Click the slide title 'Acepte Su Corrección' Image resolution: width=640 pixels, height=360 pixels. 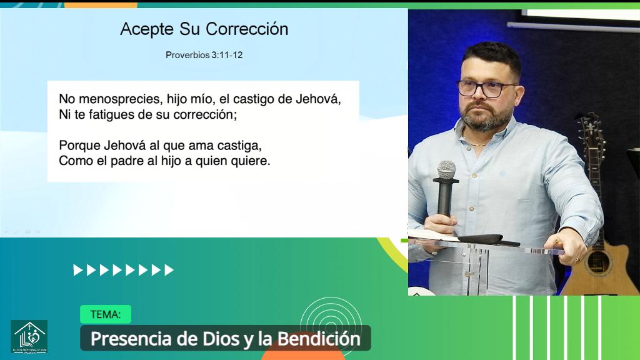point(204,29)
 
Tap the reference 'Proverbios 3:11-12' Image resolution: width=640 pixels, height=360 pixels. point(204,55)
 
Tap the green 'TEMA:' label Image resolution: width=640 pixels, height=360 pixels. point(105,314)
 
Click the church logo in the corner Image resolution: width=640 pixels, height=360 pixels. point(29,336)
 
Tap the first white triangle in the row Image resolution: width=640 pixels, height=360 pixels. point(77,270)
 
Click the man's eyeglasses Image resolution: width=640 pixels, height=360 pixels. point(486,88)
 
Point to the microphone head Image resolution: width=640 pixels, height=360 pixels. point(446,169)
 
